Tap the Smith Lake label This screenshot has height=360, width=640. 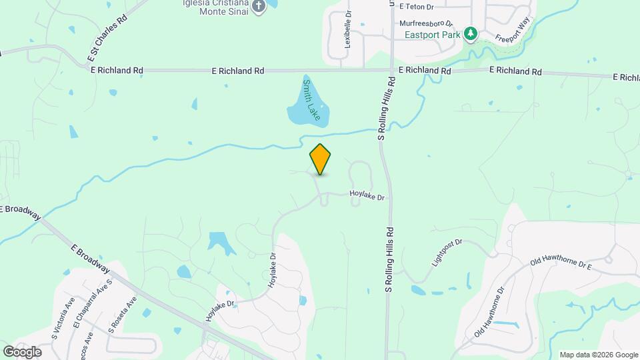coord(311,101)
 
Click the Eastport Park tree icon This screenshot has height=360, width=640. coord(471,33)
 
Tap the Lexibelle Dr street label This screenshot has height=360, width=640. coord(347,31)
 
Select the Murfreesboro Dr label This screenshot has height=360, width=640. coord(427,22)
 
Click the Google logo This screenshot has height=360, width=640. coord(22,351)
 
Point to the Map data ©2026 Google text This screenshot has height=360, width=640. coord(599,355)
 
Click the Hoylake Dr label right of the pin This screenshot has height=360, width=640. coord(368,197)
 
